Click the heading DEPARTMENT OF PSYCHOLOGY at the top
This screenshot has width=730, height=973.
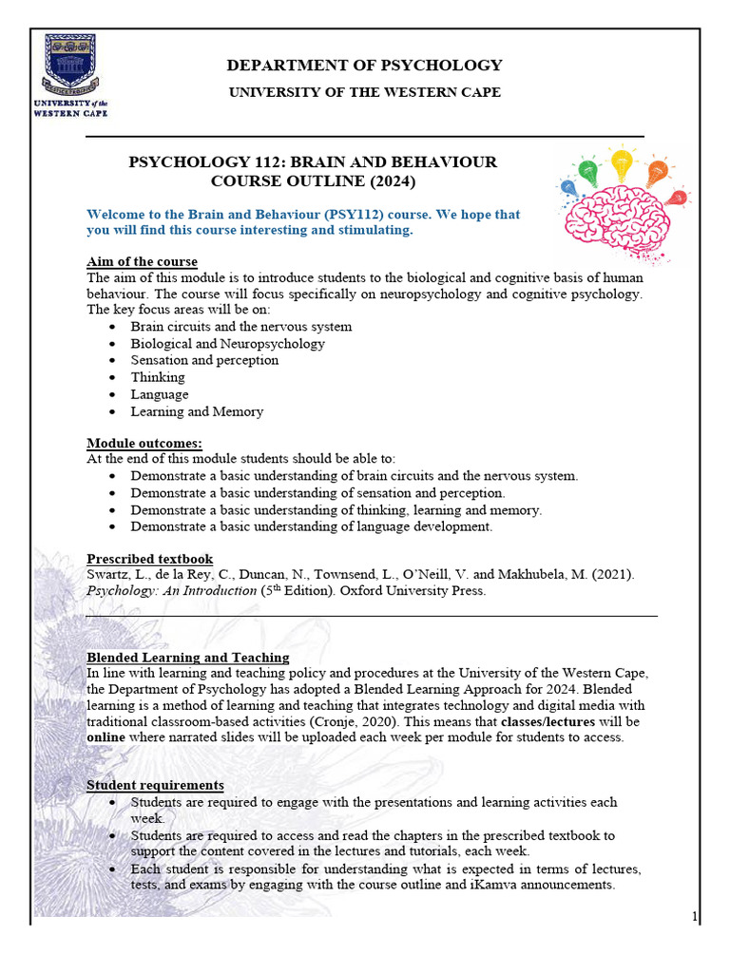pos(363,66)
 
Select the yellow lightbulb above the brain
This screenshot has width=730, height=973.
pos(622,162)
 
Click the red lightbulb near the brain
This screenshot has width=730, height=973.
pos(676,199)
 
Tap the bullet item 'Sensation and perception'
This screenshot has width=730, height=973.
pos(204,360)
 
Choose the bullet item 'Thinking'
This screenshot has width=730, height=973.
pos(158,377)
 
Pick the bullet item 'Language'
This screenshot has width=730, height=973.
pos(160,394)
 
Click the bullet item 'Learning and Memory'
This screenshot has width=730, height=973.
pos(197,411)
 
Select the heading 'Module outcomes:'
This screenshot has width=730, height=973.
pos(144,443)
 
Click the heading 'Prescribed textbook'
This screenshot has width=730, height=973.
pos(149,559)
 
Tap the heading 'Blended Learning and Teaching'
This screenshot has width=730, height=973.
pos(187,658)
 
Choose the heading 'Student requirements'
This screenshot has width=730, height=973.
pos(155,785)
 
